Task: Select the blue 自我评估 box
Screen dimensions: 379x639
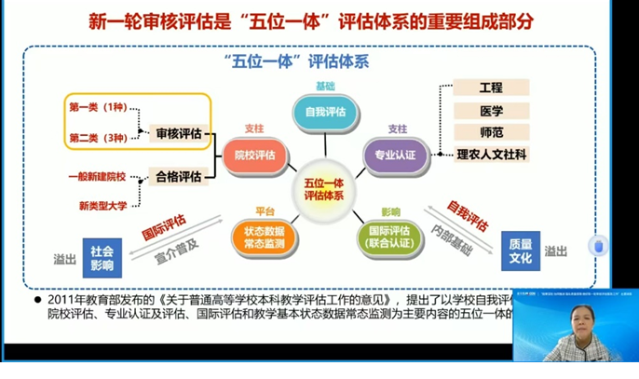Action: (x=323, y=113)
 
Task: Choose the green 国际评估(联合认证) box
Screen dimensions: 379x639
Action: (x=389, y=237)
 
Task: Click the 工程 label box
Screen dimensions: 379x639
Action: (x=491, y=88)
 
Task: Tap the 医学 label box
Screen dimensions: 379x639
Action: (x=491, y=110)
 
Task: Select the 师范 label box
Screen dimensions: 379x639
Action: (x=491, y=132)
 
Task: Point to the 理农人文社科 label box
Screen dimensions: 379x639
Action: (x=491, y=154)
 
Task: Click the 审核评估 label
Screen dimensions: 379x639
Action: (x=178, y=134)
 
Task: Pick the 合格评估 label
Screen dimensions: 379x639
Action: (x=178, y=175)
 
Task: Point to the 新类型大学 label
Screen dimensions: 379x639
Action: (x=103, y=205)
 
